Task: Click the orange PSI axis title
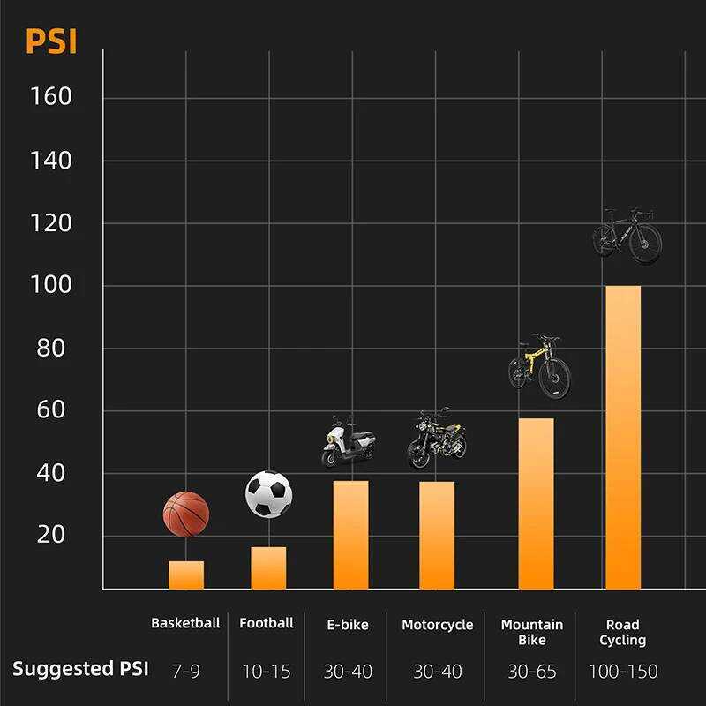(x=51, y=41)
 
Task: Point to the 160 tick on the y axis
(x=51, y=96)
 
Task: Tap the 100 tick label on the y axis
(x=51, y=285)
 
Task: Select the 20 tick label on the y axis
(x=51, y=535)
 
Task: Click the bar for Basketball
(x=186, y=575)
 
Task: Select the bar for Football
(x=268, y=567)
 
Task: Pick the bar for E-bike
(x=350, y=535)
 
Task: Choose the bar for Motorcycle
(x=437, y=536)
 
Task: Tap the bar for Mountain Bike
(x=537, y=504)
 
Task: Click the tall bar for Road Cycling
(x=623, y=437)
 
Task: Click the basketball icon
(x=186, y=514)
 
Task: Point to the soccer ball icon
(x=269, y=494)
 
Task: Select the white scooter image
(x=349, y=441)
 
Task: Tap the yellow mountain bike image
(x=539, y=365)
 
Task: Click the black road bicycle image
(x=627, y=235)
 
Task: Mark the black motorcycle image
(x=436, y=438)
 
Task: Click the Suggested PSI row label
(x=80, y=669)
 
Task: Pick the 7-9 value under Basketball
(x=185, y=672)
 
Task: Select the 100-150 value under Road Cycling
(x=623, y=672)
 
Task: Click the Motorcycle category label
(x=437, y=625)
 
